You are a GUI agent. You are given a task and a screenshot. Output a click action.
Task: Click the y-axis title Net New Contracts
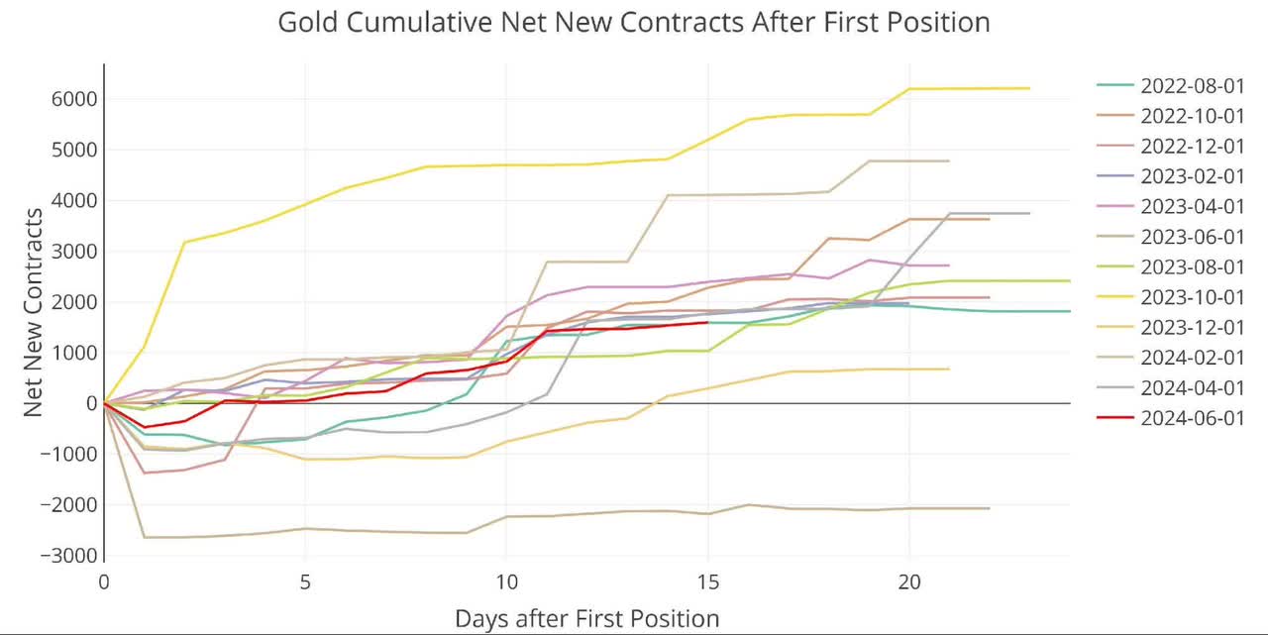click(32, 312)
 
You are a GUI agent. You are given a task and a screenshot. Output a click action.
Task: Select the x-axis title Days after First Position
click(586, 619)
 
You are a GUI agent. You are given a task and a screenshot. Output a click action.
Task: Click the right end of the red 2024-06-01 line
click(707, 322)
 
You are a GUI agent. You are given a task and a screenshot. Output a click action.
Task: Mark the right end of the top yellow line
click(1029, 88)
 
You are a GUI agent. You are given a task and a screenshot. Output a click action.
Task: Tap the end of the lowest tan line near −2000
click(989, 508)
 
